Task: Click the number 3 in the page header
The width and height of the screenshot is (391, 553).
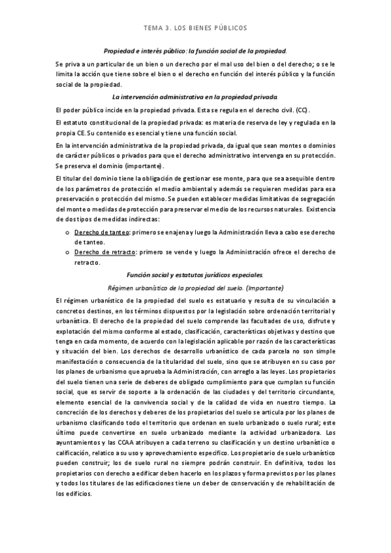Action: [168, 29]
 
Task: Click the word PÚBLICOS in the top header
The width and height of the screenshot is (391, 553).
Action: [228, 29]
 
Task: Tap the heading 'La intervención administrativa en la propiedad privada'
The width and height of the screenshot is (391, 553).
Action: [195, 96]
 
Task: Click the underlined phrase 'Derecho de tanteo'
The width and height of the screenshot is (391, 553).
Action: [101, 233]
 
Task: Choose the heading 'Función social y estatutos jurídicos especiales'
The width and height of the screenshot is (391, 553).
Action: [195, 275]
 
